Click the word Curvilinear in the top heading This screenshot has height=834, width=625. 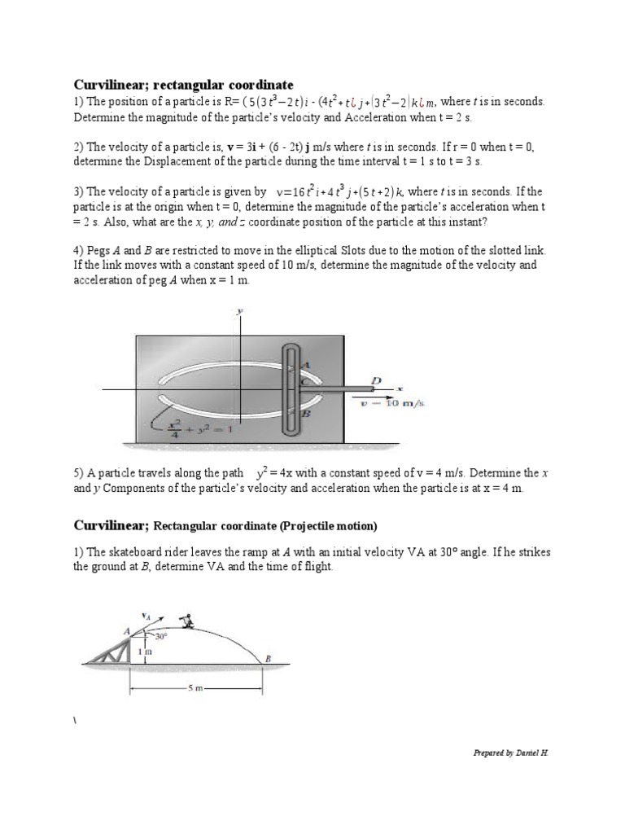[109, 85]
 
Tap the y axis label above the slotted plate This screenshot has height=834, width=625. [240, 311]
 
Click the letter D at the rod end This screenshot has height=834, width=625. [375, 380]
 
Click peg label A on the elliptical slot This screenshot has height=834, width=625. [305, 366]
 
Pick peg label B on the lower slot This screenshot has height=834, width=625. [306, 413]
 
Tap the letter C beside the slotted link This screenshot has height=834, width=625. [304, 380]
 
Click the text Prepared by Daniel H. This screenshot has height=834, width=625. [510, 753]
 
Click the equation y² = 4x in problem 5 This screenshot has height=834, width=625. [279, 472]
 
